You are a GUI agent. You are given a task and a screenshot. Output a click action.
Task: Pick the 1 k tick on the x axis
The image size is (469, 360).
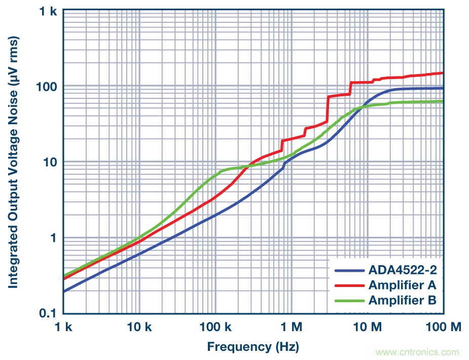pyautogui.click(x=64, y=328)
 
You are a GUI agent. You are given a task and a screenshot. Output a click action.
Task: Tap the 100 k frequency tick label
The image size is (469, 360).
pyautogui.click(x=215, y=328)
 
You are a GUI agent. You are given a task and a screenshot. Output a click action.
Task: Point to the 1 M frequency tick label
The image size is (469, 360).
pyautogui.click(x=291, y=328)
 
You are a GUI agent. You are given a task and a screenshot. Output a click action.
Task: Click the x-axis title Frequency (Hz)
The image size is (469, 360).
pyautogui.click(x=252, y=347)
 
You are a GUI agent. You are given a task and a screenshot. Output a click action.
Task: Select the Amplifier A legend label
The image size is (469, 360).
pyautogui.click(x=402, y=285)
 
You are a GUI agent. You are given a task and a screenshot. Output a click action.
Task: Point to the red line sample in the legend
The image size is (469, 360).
pyautogui.click(x=349, y=285)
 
